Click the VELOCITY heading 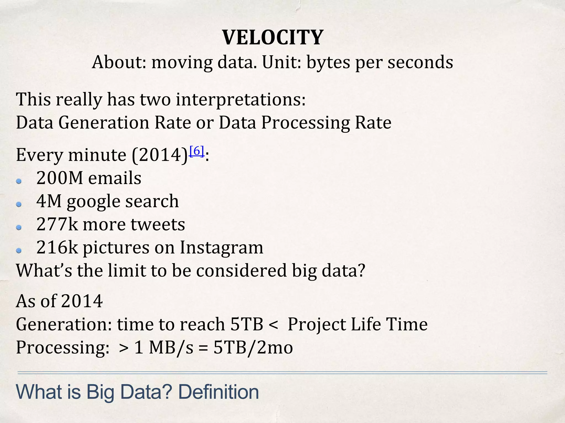tap(273, 37)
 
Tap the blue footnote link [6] tap(197, 151)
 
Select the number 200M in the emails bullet tap(60, 178)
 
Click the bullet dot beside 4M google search tap(19, 204)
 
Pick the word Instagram tap(222, 247)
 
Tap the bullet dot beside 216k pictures tap(19, 251)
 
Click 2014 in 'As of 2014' tap(82, 301)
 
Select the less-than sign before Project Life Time tap(273, 324)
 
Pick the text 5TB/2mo tap(253, 348)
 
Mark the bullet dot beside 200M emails tap(19, 181)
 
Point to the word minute tap(97, 155)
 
